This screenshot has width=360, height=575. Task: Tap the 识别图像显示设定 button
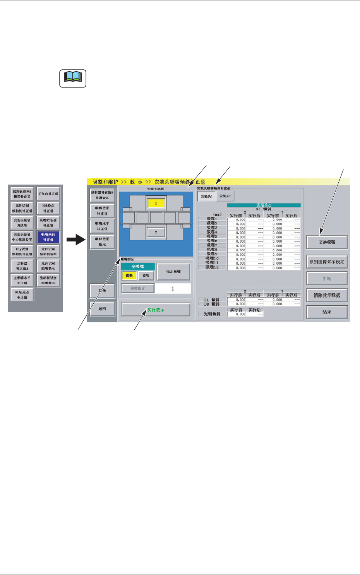pos(327,262)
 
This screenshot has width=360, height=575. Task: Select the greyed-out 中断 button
pos(327,279)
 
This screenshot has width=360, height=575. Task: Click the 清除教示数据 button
pos(327,295)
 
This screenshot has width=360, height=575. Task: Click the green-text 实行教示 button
pos(156,310)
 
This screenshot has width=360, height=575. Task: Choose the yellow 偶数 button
pos(129,276)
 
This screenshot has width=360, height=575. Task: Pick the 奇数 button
pos(146,276)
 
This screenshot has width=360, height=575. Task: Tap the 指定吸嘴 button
pos(173,272)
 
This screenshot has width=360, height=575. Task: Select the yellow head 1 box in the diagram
pos(156,203)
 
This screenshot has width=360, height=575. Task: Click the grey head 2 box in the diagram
pos(156,232)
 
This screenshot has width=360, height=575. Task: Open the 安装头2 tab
pos(225,196)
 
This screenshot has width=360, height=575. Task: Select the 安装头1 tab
pos(207,197)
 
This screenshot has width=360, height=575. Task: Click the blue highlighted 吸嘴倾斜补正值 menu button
pos(48,237)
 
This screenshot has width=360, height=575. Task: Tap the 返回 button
pos(102,309)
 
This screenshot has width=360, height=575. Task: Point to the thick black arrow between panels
pos(75,240)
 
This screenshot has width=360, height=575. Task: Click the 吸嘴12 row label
pos(212,267)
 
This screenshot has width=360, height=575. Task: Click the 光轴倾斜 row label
pos(212,314)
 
